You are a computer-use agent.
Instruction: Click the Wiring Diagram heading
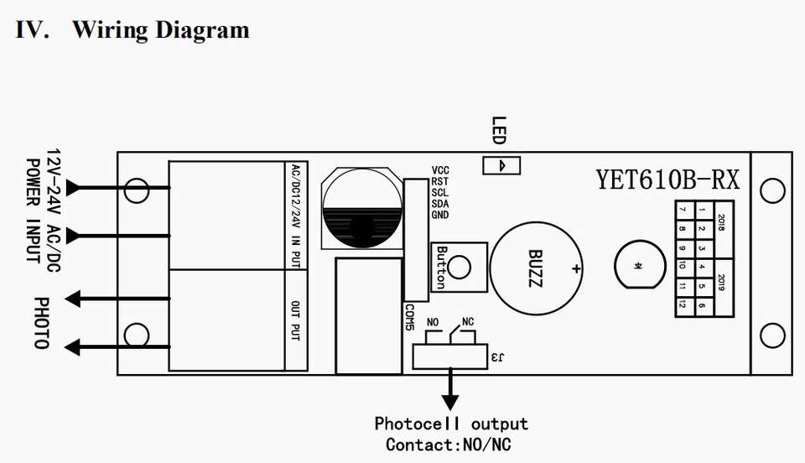tap(132, 30)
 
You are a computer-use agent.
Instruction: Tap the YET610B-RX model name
tap(667, 179)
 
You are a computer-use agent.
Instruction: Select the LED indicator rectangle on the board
tap(501, 165)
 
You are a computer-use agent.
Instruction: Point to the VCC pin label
tap(440, 170)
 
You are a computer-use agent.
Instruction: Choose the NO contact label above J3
tap(434, 322)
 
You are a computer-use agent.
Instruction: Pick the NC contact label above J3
tap(468, 322)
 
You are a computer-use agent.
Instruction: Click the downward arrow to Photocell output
tap(451, 389)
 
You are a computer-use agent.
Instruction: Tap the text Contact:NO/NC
tap(449, 445)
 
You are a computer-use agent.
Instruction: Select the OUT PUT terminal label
tap(296, 320)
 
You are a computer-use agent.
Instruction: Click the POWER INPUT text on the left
tap(34, 211)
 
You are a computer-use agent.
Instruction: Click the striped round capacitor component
tap(361, 210)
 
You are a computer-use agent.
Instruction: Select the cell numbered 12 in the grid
tap(683, 305)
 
